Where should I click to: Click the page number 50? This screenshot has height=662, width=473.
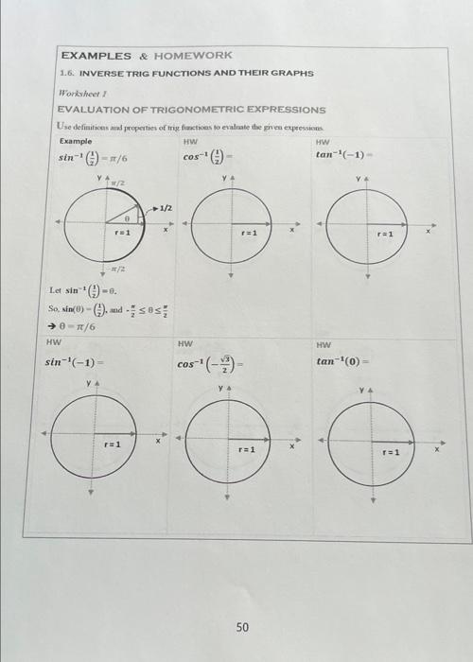[242, 626]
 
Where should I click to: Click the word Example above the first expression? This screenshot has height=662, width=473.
[75, 140]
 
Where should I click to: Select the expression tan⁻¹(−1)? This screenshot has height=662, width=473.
[346, 154]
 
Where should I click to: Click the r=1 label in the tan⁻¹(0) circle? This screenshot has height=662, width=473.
[390, 452]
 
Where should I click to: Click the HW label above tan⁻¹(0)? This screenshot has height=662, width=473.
[324, 345]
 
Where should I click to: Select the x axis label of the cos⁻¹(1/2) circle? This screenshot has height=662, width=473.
[292, 230]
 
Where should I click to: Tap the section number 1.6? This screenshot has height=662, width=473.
[67, 73]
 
